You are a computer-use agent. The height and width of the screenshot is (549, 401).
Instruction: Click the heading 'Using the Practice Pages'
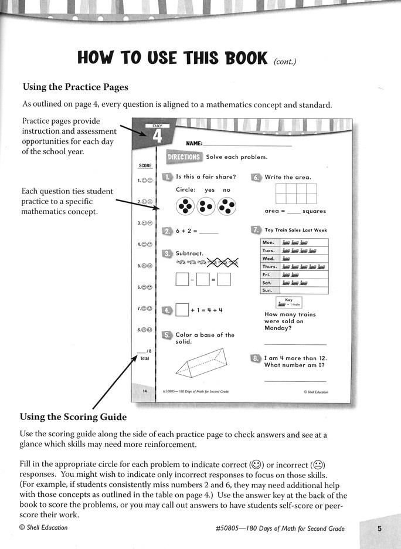[x=75, y=87]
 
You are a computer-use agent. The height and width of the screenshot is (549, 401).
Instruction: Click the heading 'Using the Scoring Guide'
[x=73, y=417]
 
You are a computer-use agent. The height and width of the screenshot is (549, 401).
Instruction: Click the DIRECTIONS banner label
[x=184, y=157]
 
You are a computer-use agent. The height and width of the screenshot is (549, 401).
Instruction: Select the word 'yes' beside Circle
[x=209, y=190]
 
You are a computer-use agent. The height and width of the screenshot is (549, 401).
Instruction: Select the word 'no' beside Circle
[x=227, y=190]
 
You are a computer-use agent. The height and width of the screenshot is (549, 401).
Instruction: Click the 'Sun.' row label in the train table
[x=267, y=290]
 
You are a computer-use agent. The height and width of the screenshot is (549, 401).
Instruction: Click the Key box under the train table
[x=289, y=302]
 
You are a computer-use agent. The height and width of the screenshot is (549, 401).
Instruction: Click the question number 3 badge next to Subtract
[x=167, y=254]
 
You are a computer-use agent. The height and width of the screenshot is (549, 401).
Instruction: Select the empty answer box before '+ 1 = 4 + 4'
[x=182, y=309]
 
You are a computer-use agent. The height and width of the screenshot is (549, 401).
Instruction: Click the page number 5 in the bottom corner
[x=379, y=528]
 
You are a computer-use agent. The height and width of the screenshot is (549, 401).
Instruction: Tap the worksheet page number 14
[x=144, y=391]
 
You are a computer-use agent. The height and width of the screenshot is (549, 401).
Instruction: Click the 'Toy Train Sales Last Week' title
[x=295, y=231]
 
